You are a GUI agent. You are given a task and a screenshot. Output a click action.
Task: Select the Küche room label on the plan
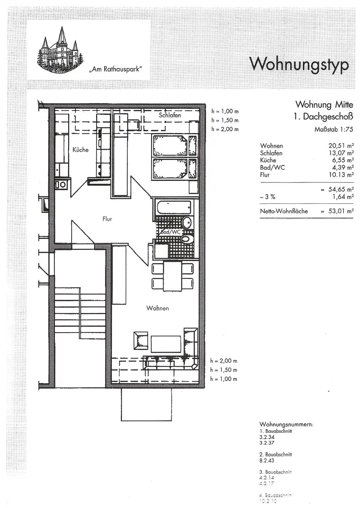(80, 150)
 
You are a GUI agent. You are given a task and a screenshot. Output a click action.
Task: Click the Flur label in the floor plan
(107, 219)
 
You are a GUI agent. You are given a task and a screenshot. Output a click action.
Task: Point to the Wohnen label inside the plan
(158, 308)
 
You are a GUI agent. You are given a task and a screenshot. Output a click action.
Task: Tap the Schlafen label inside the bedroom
(170, 116)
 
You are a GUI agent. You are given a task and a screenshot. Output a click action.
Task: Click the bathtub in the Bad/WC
(174, 208)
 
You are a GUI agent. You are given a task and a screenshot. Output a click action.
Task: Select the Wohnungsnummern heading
(286, 424)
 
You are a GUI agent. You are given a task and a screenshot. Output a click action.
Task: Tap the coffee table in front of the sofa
(165, 344)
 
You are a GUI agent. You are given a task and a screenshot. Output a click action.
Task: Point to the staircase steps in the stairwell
(79, 312)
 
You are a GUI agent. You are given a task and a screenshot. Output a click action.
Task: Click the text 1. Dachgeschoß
(322, 117)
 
